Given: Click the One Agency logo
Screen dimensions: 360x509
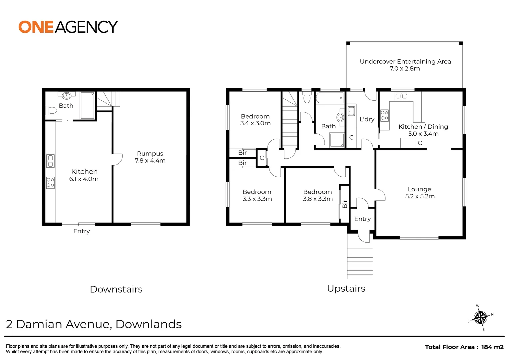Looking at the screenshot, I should click(x=68, y=27).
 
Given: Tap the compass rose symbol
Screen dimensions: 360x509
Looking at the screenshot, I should click(x=480, y=317).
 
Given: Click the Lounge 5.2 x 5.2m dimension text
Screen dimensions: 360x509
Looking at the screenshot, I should click(x=420, y=196).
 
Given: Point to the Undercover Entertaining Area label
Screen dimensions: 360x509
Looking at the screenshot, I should click(x=405, y=62).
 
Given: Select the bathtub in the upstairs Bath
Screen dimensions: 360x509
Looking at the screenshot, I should click(x=329, y=98).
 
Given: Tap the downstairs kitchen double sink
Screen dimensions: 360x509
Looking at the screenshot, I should click(x=50, y=161).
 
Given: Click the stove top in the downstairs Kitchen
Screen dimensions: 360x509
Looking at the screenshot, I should click(x=50, y=183).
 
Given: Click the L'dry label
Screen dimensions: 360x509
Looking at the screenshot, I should click(x=367, y=119).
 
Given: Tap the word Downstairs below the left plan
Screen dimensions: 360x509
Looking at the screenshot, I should click(x=116, y=289).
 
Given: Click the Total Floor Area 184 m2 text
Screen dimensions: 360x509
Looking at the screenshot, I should click(x=464, y=347).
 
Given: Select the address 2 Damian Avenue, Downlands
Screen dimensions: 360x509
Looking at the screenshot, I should click(x=94, y=324).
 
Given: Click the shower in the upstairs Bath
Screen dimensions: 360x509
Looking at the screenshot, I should click(x=337, y=140).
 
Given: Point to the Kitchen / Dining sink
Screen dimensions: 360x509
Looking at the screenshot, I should click(x=401, y=96).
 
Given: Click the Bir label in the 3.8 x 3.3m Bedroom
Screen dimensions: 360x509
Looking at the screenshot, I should click(x=345, y=204).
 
